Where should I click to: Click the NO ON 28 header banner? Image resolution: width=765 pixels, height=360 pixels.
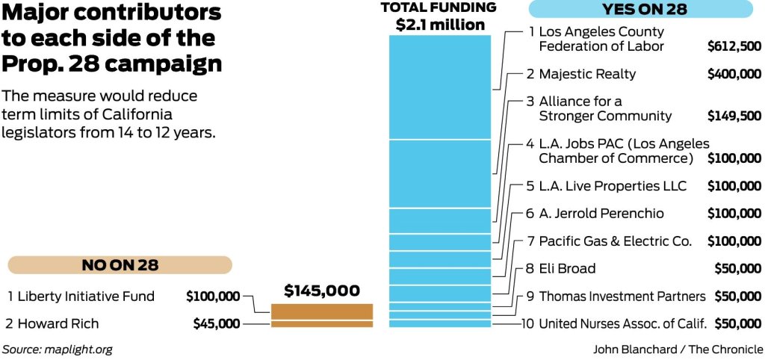coord(120,265)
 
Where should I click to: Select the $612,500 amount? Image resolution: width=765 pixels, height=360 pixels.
coord(734,46)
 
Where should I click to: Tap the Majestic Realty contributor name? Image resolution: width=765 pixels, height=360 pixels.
coord(587,74)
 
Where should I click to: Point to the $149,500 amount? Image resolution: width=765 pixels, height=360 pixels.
coord(734,117)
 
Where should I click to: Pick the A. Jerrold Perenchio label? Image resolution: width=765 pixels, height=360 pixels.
coord(601,214)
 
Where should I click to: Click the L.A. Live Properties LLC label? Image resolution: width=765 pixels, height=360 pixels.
coord(612,185)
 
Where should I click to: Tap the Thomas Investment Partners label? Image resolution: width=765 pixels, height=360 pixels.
coord(622,297)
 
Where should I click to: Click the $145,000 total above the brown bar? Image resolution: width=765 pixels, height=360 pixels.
coord(322,291)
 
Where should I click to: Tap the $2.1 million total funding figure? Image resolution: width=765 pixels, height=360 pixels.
coord(439,25)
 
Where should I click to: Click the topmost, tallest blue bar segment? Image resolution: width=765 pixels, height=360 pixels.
coord(439,87)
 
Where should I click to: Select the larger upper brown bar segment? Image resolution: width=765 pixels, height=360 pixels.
coord(322,311)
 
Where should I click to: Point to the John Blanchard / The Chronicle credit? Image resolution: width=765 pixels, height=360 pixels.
coord(678,349)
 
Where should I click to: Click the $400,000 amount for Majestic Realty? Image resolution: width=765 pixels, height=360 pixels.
coord(734,74)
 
